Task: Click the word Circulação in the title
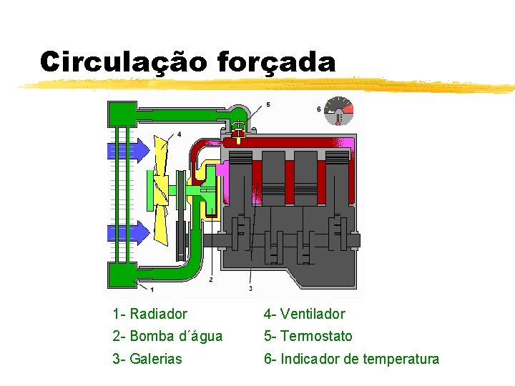click(x=123, y=61)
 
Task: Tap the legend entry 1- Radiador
click(x=149, y=314)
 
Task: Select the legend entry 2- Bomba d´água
click(x=167, y=336)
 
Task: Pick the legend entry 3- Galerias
click(x=147, y=359)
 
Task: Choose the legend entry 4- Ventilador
click(x=304, y=314)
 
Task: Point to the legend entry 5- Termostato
click(x=308, y=336)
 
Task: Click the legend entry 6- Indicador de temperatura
click(x=351, y=359)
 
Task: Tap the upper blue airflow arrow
click(x=129, y=149)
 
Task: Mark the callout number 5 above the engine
click(x=268, y=105)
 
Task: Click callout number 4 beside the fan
click(x=179, y=134)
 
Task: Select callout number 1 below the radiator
click(x=152, y=289)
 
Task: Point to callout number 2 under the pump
click(x=210, y=280)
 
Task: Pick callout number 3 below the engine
click(x=250, y=289)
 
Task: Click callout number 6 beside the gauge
click(x=318, y=109)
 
